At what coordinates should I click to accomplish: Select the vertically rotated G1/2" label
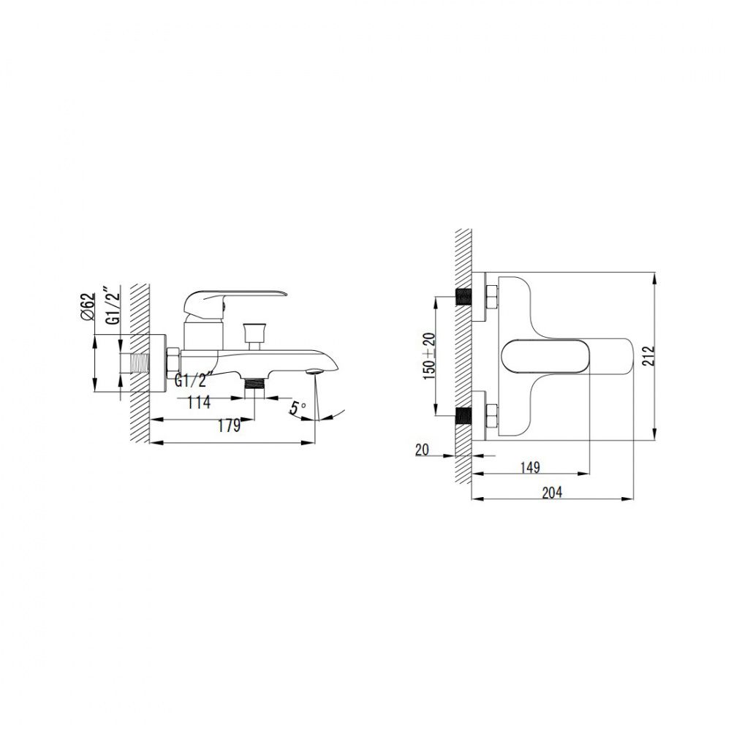(113, 306)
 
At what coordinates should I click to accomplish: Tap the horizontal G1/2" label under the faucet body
(194, 380)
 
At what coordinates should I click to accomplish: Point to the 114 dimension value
(199, 402)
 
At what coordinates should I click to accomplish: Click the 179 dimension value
(229, 425)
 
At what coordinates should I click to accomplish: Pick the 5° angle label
(298, 408)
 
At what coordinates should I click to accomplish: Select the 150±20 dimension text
(429, 356)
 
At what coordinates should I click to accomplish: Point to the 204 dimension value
(552, 492)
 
